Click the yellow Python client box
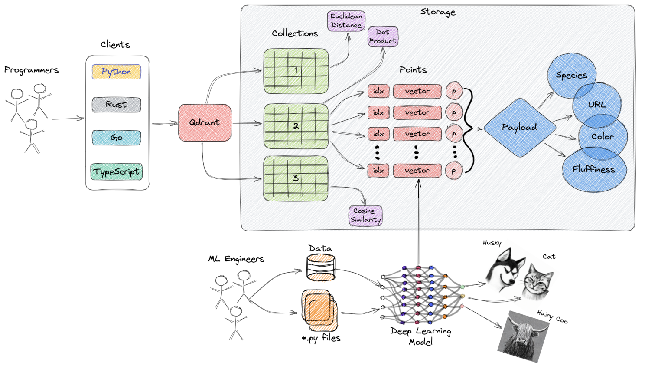(116, 72)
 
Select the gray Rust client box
(116, 105)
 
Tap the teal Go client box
(116, 138)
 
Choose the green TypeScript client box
(116, 172)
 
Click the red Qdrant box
(205, 123)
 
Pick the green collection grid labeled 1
(296, 71)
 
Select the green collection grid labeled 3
(296, 178)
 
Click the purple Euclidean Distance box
(346, 21)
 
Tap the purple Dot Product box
(383, 36)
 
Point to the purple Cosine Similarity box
(365, 215)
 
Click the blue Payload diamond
(519, 127)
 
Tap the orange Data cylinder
(321, 267)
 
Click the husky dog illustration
(505, 269)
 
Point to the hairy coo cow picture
(523, 336)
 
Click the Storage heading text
(438, 12)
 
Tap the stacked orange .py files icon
(319, 310)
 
